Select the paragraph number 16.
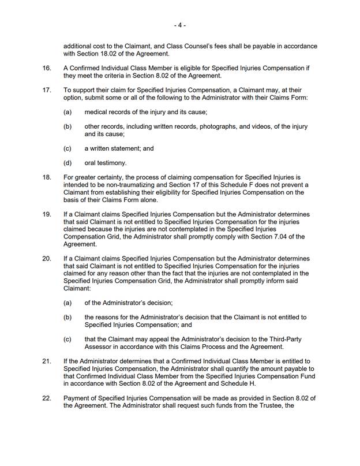(47, 68)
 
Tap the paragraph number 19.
(47, 213)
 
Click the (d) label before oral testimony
(67, 163)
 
